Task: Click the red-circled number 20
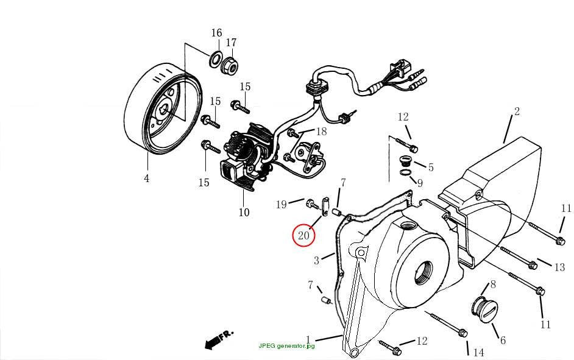click(x=303, y=235)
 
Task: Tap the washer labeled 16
click(x=215, y=60)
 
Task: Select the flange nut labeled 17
click(x=230, y=65)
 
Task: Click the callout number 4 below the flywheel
click(x=147, y=178)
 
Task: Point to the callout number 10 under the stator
click(x=244, y=212)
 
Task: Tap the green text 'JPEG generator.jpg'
click(x=286, y=346)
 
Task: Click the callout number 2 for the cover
click(x=517, y=111)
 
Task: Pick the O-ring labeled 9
click(x=405, y=172)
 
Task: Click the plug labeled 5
click(x=405, y=161)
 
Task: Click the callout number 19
click(x=281, y=204)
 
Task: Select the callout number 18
click(x=321, y=132)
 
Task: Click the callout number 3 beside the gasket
click(x=317, y=261)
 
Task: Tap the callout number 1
click(x=308, y=339)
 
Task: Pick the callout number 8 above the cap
click(x=493, y=284)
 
